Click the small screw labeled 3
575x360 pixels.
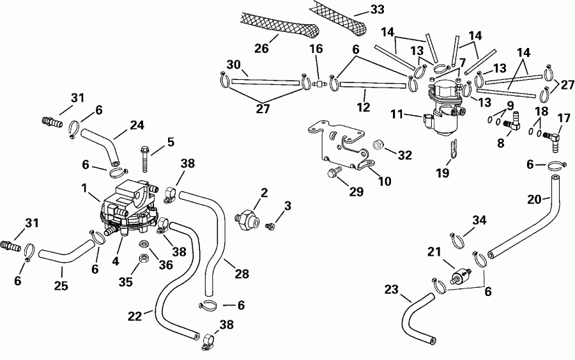[x=271, y=224]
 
